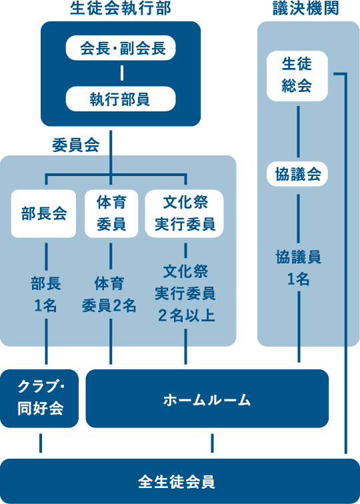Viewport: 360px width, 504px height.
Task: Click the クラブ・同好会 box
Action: click(x=40, y=399)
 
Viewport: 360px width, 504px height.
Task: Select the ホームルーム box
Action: click(x=207, y=399)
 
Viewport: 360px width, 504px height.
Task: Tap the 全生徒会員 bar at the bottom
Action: click(x=179, y=481)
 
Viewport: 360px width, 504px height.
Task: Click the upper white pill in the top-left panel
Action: click(x=121, y=48)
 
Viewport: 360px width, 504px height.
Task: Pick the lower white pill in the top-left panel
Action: click(x=121, y=99)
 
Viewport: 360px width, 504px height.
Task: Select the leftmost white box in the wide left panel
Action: click(x=43, y=213)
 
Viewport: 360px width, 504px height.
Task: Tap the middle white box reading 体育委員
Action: click(x=111, y=213)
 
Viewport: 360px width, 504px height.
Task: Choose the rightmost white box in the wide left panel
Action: click(x=184, y=213)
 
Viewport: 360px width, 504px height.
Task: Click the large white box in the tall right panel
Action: click(x=297, y=76)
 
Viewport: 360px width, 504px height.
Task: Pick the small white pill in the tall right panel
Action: click(x=297, y=174)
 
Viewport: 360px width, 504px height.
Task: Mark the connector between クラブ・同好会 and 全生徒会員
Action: click(x=41, y=443)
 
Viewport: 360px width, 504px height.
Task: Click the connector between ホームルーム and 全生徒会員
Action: click(x=212, y=443)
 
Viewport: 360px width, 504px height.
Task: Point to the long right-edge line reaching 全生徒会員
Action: click(x=347, y=400)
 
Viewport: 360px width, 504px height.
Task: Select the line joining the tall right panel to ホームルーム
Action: click(x=299, y=355)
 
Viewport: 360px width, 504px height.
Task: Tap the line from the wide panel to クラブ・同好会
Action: click(x=46, y=356)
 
